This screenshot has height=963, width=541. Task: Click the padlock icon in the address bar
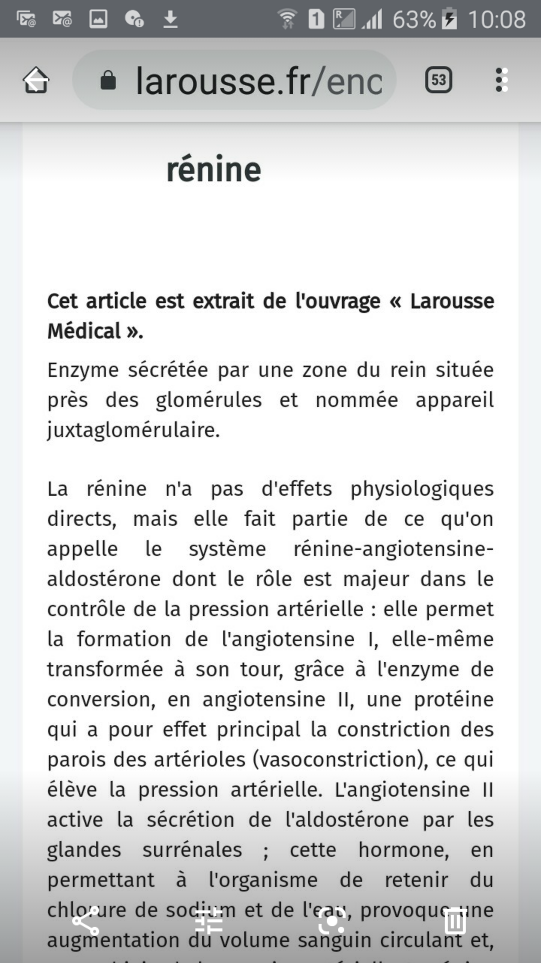pyautogui.click(x=108, y=80)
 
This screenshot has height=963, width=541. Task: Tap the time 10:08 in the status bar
pyautogui.click(x=496, y=19)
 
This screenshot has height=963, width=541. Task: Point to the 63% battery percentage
pyautogui.click(x=414, y=19)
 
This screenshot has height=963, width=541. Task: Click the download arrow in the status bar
pyautogui.click(x=170, y=19)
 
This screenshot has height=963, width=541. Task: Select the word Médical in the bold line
pyautogui.click(x=84, y=331)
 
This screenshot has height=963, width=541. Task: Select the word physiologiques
pyautogui.click(x=422, y=489)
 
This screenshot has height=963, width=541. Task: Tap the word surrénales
pyautogui.click(x=192, y=850)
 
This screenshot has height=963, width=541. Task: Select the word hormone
pyautogui.click(x=403, y=850)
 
